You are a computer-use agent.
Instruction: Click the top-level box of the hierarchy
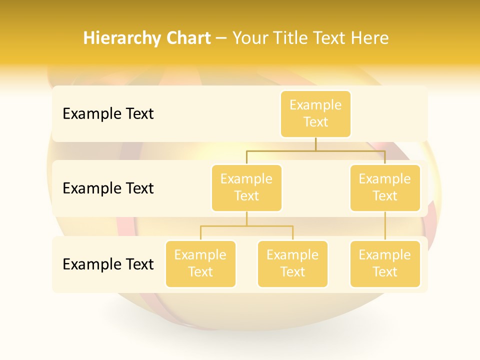pos(315,114)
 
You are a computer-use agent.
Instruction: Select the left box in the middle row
pos(246,188)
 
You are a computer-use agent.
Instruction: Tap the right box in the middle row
pos(385,188)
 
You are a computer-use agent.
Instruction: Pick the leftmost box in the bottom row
pos(200,264)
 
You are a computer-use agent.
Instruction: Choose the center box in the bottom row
pos(292,264)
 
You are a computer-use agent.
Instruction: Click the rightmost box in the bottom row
pos(385,264)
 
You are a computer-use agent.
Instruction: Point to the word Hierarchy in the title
pos(122,38)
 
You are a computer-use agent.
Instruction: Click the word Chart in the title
pos(188,38)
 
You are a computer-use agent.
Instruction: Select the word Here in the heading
pos(370,38)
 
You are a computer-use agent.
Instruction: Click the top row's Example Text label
pos(108,114)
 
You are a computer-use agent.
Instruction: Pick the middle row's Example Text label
pos(108,188)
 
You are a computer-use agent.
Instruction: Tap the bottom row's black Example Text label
pos(108,264)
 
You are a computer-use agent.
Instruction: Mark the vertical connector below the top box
pos(315,144)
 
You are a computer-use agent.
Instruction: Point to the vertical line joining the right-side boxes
pos(385,226)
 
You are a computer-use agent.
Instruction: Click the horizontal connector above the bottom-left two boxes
pos(246,226)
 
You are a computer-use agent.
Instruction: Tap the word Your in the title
pos(250,38)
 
